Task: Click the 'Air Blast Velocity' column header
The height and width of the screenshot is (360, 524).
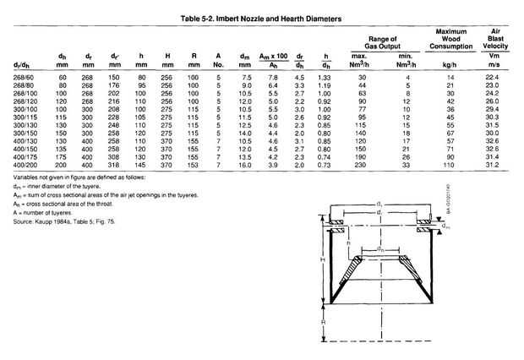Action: point(497,42)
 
